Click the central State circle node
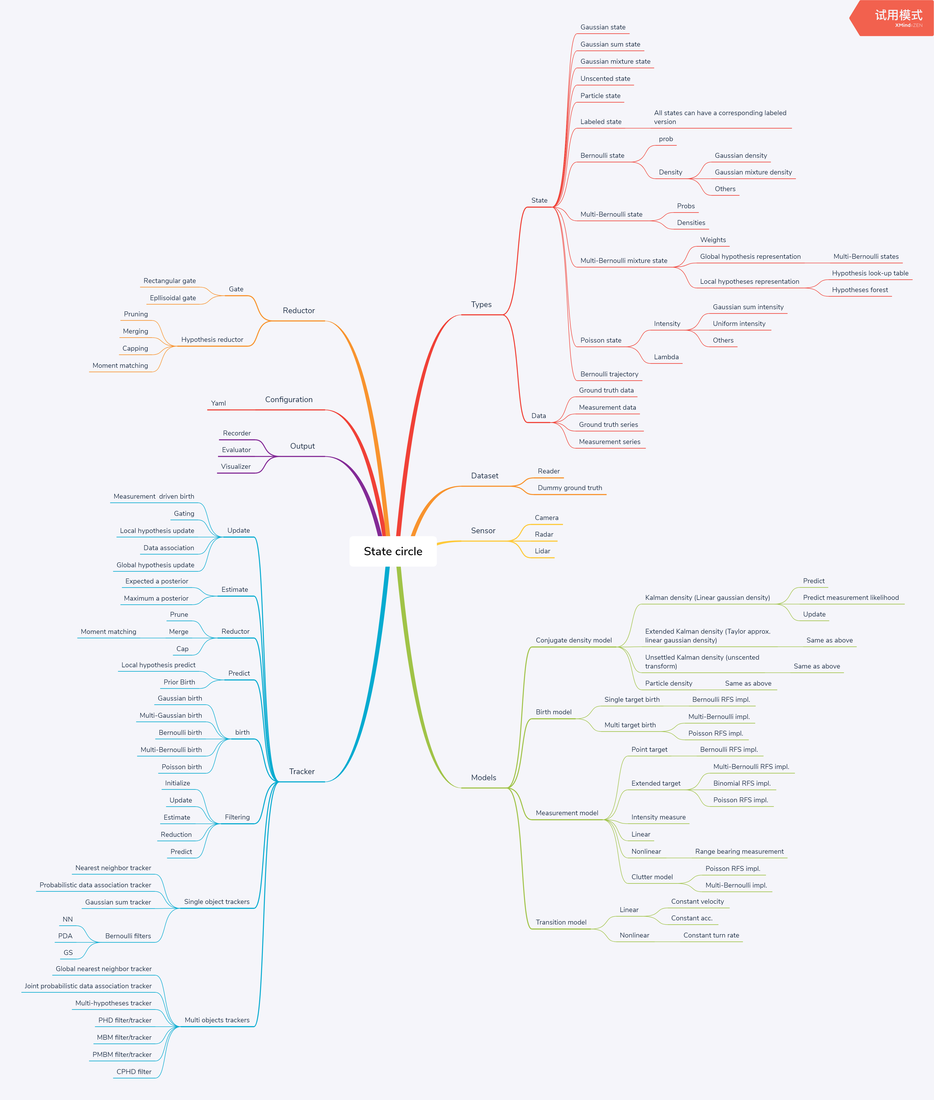[x=393, y=551]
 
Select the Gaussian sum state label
[x=610, y=44]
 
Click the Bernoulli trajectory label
[x=609, y=374]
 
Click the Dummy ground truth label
[x=570, y=488]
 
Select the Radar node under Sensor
[x=544, y=534]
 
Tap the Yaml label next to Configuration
[x=218, y=403]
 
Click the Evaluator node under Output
[x=236, y=450]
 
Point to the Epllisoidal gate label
[x=173, y=298]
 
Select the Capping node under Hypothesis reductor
[x=135, y=348]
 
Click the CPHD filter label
[x=134, y=1071]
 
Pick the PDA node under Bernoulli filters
[x=65, y=936]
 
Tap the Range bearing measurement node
[x=739, y=851]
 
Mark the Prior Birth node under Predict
[x=179, y=682]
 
